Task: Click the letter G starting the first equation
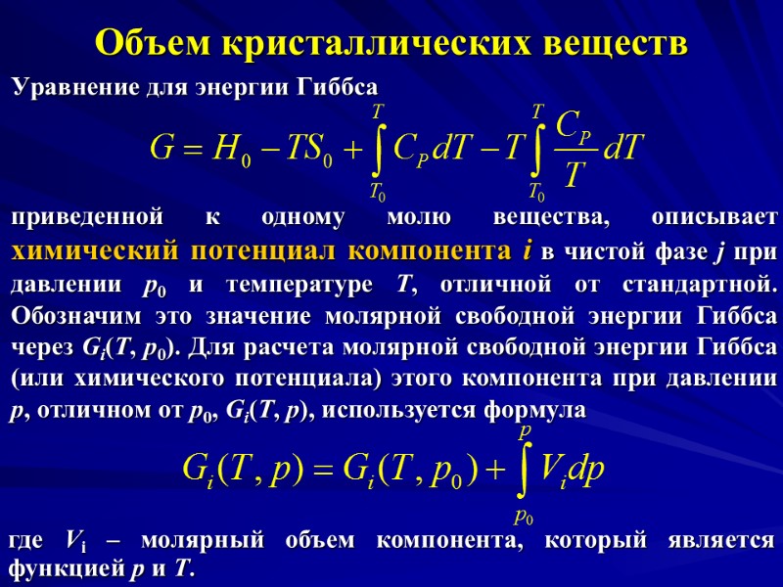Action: pyautogui.click(x=162, y=150)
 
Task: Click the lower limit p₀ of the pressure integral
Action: pyautogui.click(x=524, y=515)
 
